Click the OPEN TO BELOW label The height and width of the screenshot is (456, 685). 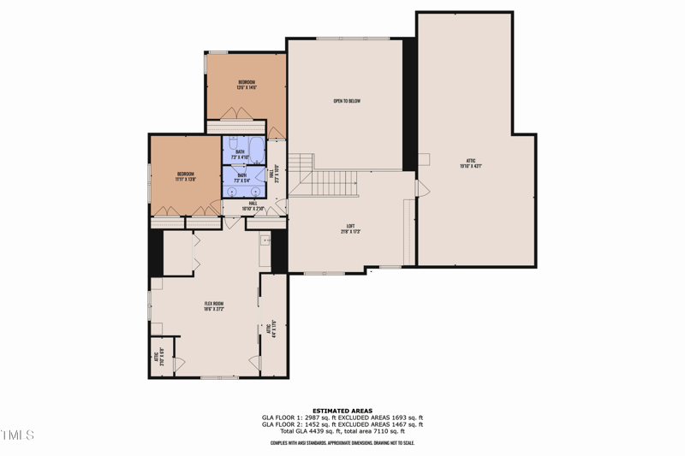pyautogui.click(x=347, y=101)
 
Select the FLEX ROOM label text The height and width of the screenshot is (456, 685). pyautogui.click(x=213, y=305)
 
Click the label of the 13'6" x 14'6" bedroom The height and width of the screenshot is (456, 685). pyautogui.click(x=247, y=85)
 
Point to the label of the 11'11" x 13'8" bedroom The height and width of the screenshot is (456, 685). pyautogui.click(x=186, y=176)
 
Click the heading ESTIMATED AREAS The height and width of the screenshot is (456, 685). pyautogui.click(x=342, y=410)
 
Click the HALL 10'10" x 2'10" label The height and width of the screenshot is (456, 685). pyautogui.click(x=253, y=205)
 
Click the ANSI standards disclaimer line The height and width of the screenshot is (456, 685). pyautogui.click(x=342, y=442)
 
